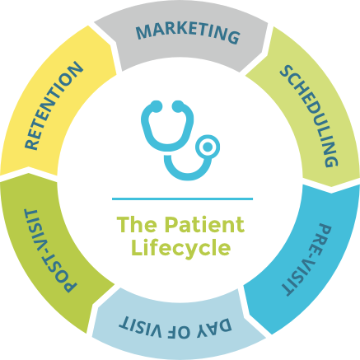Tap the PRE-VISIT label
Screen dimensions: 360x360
(x=307, y=259)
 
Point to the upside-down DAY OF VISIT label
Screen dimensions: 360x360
(x=175, y=327)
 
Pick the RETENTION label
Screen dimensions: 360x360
(x=54, y=105)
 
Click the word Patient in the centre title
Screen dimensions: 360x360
(x=204, y=225)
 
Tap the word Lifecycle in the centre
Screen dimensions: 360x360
(x=181, y=248)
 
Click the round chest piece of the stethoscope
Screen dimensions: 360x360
(x=208, y=147)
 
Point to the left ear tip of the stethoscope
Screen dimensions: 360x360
(x=157, y=106)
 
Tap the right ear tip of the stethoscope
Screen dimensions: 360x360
(x=178, y=106)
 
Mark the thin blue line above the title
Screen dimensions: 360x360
(x=182, y=199)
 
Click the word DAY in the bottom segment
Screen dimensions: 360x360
(x=214, y=327)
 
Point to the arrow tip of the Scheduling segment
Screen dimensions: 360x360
(x=331, y=186)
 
